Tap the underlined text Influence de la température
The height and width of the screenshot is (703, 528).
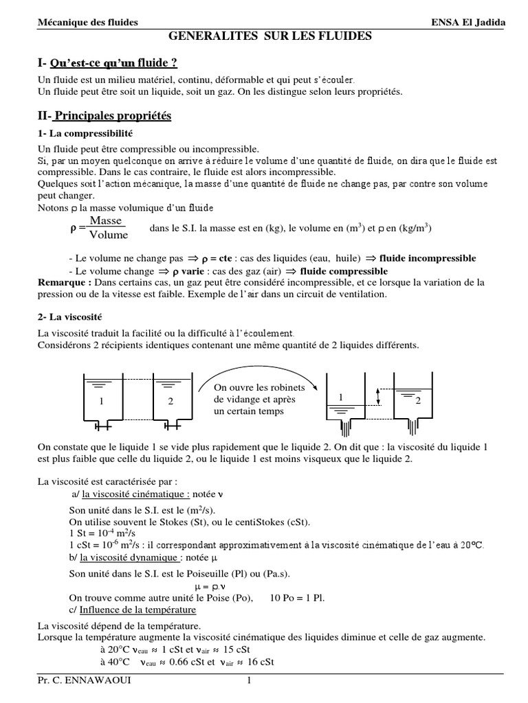pos(137,610)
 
